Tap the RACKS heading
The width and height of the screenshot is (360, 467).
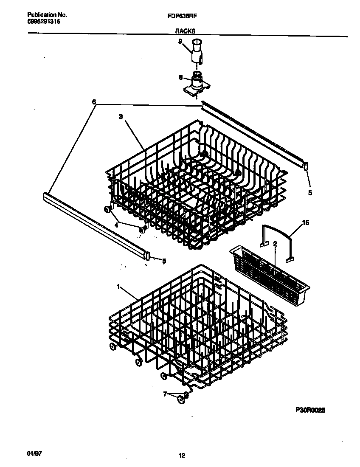185,31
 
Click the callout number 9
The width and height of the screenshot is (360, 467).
180,41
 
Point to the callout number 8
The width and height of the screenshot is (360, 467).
180,77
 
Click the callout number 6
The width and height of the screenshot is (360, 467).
94,102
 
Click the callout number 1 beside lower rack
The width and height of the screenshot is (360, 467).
118,287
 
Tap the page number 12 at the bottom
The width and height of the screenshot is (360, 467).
181,456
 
